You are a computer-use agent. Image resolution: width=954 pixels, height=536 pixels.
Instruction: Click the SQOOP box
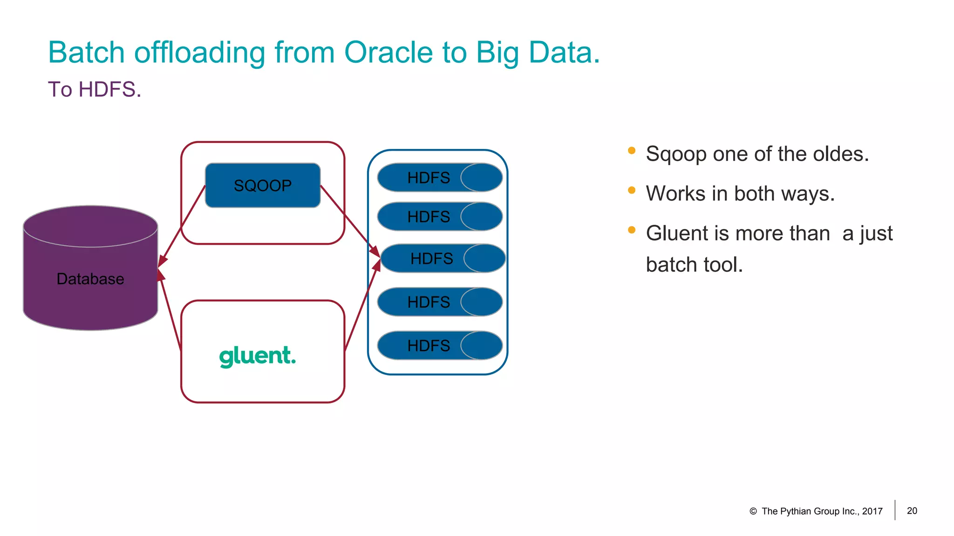pos(263,185)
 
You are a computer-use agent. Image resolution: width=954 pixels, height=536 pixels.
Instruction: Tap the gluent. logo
pos(257,356)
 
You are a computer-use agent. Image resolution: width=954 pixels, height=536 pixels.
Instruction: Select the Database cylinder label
pos(90,279)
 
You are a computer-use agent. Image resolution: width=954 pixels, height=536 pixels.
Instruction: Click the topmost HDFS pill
pos(439,177)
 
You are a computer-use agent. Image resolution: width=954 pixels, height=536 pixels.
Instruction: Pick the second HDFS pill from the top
pos(439,216)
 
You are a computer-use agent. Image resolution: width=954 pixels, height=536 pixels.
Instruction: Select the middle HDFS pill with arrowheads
pos(443,258)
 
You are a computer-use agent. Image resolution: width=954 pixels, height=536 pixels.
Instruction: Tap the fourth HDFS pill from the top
pos(439,302)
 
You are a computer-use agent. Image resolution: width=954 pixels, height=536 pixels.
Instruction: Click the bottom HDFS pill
pos(439,345)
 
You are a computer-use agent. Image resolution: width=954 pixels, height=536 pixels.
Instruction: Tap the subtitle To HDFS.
pos(95,89)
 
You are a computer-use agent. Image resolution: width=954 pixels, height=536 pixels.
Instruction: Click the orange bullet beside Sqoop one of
pos(632,150)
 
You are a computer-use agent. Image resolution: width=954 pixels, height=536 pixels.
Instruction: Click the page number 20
pos(912,511)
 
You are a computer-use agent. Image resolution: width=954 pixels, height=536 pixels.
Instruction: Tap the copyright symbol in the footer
pos(753,511)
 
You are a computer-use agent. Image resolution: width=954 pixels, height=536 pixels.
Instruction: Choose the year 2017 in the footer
pos(872,511)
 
